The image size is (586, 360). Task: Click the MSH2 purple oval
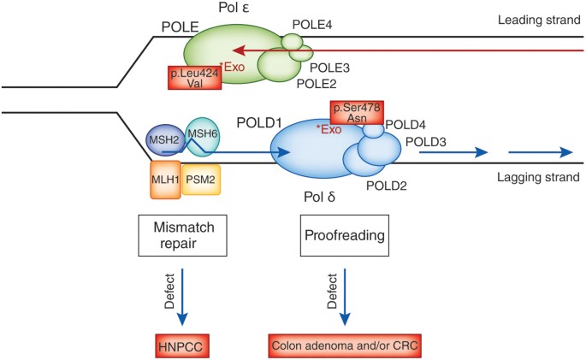(163, 140)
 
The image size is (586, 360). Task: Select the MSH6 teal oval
(203, 137)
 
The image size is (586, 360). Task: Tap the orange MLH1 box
(166, 180)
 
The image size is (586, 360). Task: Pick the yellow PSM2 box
(201, 180)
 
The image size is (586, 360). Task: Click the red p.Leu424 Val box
(195, 78)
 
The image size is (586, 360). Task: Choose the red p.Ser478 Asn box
(357, 113)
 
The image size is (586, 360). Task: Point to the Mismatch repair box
(183, 235)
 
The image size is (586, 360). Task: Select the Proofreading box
(345, 235)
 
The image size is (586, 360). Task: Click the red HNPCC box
(182, 346)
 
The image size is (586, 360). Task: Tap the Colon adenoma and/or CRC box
(345, 345)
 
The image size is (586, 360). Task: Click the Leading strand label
(539, 20)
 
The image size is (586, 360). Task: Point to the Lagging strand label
(538, 177)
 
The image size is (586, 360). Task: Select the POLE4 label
(312, 25)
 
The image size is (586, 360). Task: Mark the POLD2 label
(387, 186)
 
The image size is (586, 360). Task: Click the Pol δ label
(320, 197)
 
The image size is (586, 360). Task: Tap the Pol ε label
(234, 8)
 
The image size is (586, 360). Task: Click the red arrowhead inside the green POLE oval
(239, 50)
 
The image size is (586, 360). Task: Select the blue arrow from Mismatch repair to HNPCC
(182, 297)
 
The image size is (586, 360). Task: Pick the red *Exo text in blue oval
(329, 130)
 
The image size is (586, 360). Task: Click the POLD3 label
(426, 142)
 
